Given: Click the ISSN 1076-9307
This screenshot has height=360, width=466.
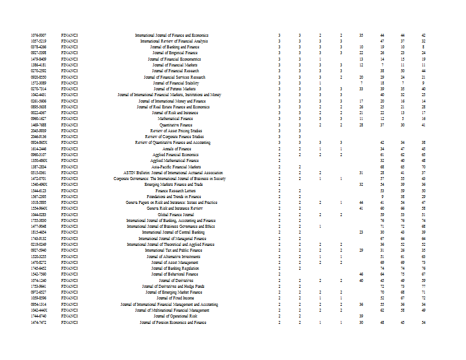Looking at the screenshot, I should (39, 36).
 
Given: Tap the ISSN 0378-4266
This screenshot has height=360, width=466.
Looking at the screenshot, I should (39, 47).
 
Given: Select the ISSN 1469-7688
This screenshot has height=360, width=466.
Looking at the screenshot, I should (39, 125).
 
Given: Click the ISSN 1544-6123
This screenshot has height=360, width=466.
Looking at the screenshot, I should (39, 190).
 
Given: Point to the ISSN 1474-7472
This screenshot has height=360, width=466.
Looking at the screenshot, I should (39, 322).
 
